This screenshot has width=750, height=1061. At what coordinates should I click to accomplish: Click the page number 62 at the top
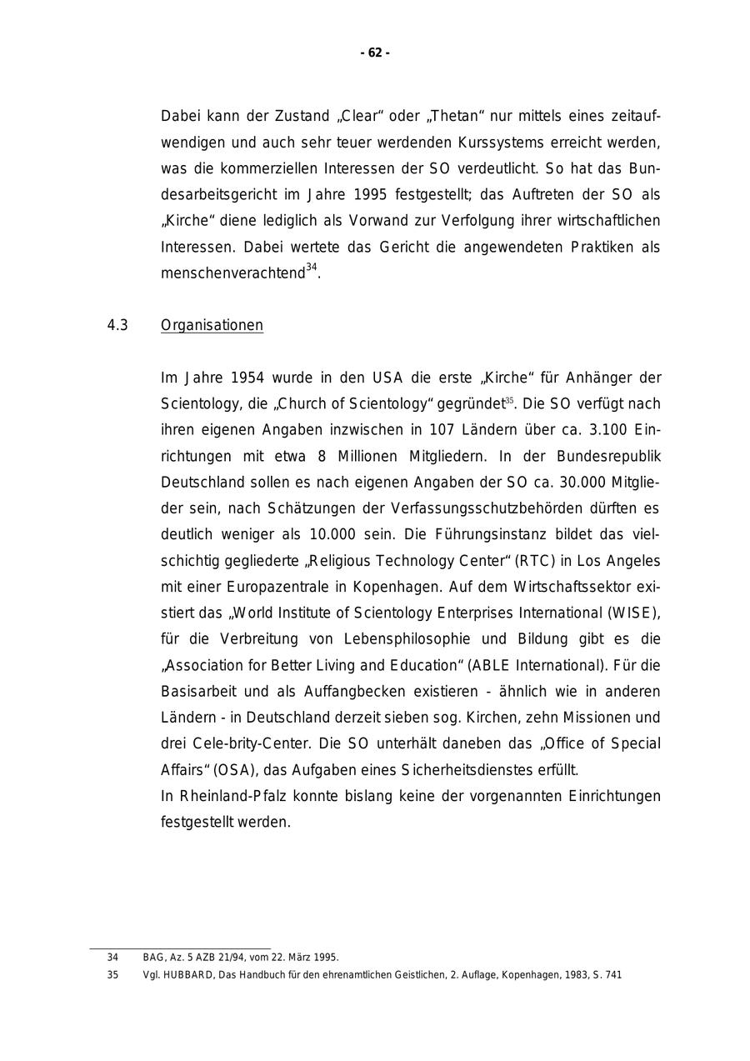375,53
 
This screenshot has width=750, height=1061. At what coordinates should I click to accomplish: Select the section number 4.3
117,325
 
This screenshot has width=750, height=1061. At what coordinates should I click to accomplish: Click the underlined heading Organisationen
212,325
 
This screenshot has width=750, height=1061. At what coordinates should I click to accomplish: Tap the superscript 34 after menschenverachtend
312,268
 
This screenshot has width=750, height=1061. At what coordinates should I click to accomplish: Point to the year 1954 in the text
248,378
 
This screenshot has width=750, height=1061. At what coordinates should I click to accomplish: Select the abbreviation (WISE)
635,613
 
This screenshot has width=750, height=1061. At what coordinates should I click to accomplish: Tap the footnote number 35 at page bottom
112,975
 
